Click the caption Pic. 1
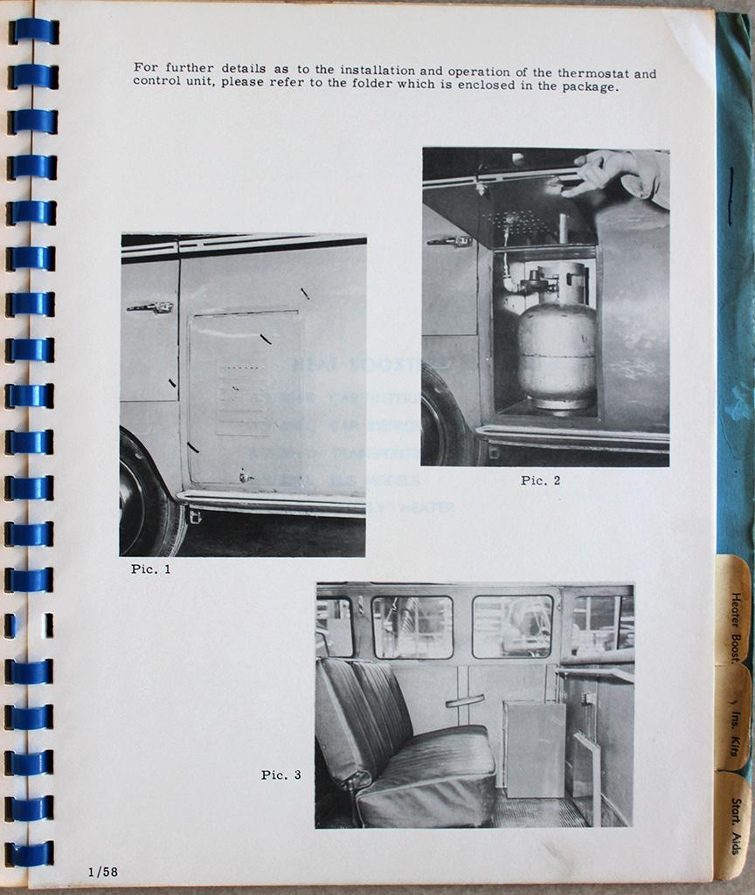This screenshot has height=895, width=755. point(151,569)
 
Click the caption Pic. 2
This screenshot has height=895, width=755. point(541,480)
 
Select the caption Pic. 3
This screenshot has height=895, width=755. point(281,775)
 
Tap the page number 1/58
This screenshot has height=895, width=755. point(102,871)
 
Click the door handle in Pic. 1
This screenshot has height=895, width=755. point(149,306)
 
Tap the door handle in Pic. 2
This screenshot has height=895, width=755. point(449,240)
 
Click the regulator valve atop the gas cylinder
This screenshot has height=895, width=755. point(538,281)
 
